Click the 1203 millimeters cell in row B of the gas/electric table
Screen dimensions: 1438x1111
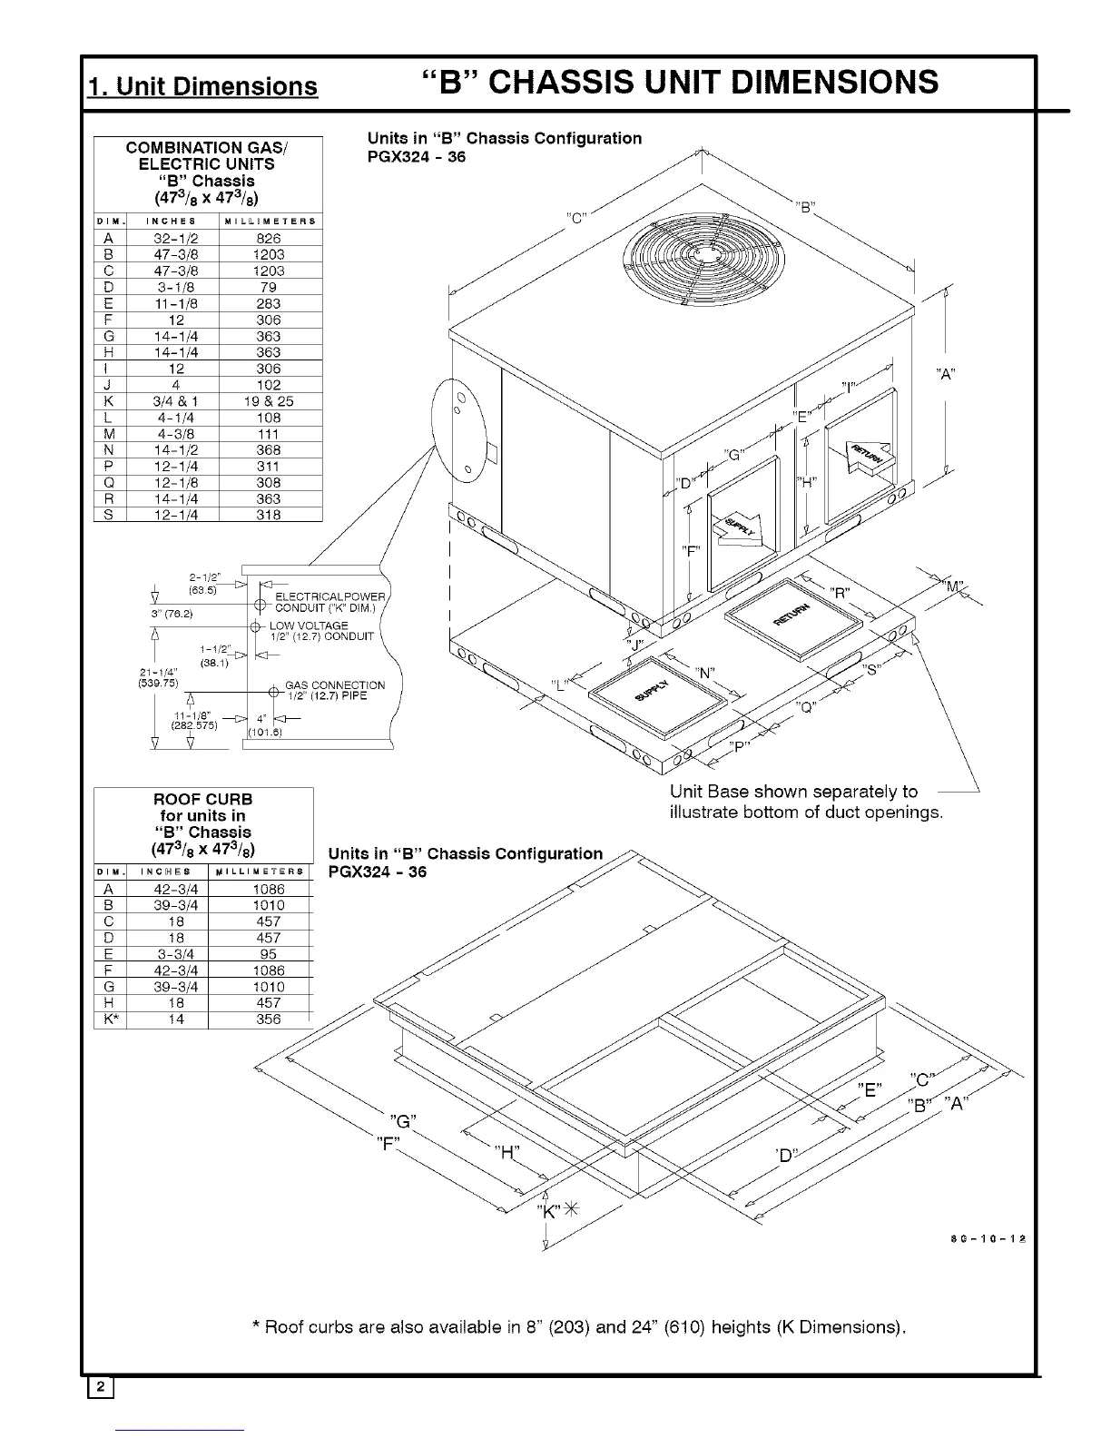(x=270, y=255)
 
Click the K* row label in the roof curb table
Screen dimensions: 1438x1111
(x=105, y=1019)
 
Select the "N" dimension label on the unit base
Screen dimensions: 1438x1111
(x=705, y=673)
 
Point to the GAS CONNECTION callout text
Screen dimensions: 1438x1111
(x=335, y=685)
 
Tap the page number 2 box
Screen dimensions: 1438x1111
(x=100, y=1386)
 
